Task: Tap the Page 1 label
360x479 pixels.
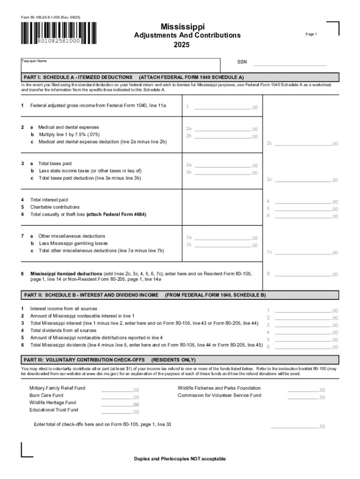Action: coord(311,35)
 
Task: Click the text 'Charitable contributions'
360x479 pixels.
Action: coord(55,207)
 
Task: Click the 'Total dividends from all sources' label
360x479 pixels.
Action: coord(64,330)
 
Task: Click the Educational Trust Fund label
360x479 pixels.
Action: coord(54,410)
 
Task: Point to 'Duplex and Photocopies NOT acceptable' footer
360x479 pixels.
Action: coord(180,458)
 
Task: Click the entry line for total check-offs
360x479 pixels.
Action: coord(294,426)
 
